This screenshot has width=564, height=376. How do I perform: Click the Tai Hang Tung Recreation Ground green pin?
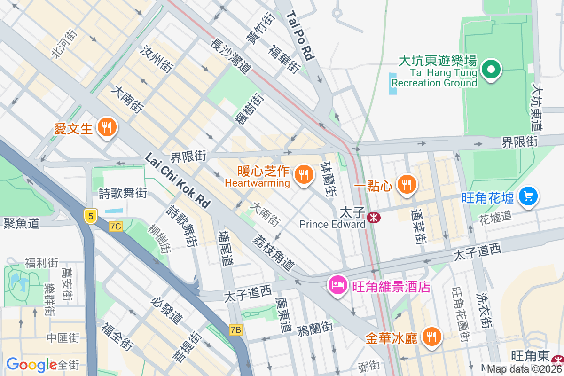tap(491, 70)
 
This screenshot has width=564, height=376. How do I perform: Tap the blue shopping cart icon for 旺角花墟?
tap(528, 196)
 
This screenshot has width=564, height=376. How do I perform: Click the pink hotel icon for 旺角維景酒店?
tap(338, 285)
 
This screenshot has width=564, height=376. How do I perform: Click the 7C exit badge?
tap(115, 227)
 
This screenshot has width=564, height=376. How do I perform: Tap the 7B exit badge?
tap(235, 330)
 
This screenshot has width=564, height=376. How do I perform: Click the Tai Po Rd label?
tap(300, 35)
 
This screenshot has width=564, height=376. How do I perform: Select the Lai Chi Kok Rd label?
tap(178, 180)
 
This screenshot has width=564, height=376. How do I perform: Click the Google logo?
tap(31, 365)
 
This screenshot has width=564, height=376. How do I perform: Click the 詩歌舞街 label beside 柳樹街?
tap(181, 226)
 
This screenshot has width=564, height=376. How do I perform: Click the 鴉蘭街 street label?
tap(315, 328)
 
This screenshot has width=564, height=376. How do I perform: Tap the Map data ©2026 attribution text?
tap(524, 369)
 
